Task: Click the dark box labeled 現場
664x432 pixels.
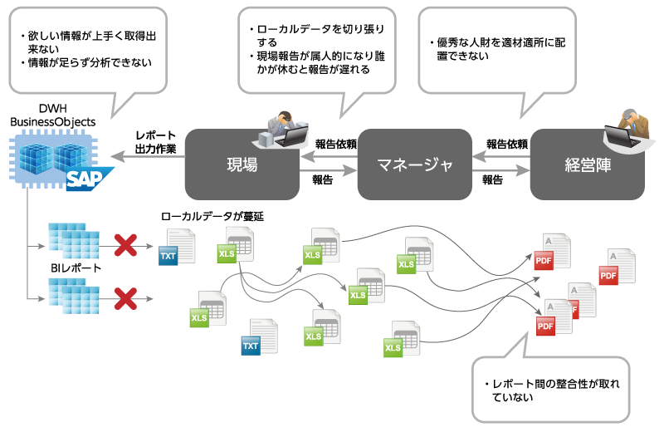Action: (x=242, y=164)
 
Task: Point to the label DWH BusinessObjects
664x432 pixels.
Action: (x=52, y=115)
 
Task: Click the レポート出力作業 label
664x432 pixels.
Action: (x=155, y=142)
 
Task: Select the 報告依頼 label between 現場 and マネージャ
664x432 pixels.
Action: (x=335, y=144)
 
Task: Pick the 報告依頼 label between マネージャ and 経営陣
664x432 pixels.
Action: (x=506, y=144)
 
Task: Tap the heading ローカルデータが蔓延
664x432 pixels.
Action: (x=212, y=216)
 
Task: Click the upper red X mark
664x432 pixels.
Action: (x=125, y=245)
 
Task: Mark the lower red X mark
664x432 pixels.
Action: (x=125, y=297)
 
